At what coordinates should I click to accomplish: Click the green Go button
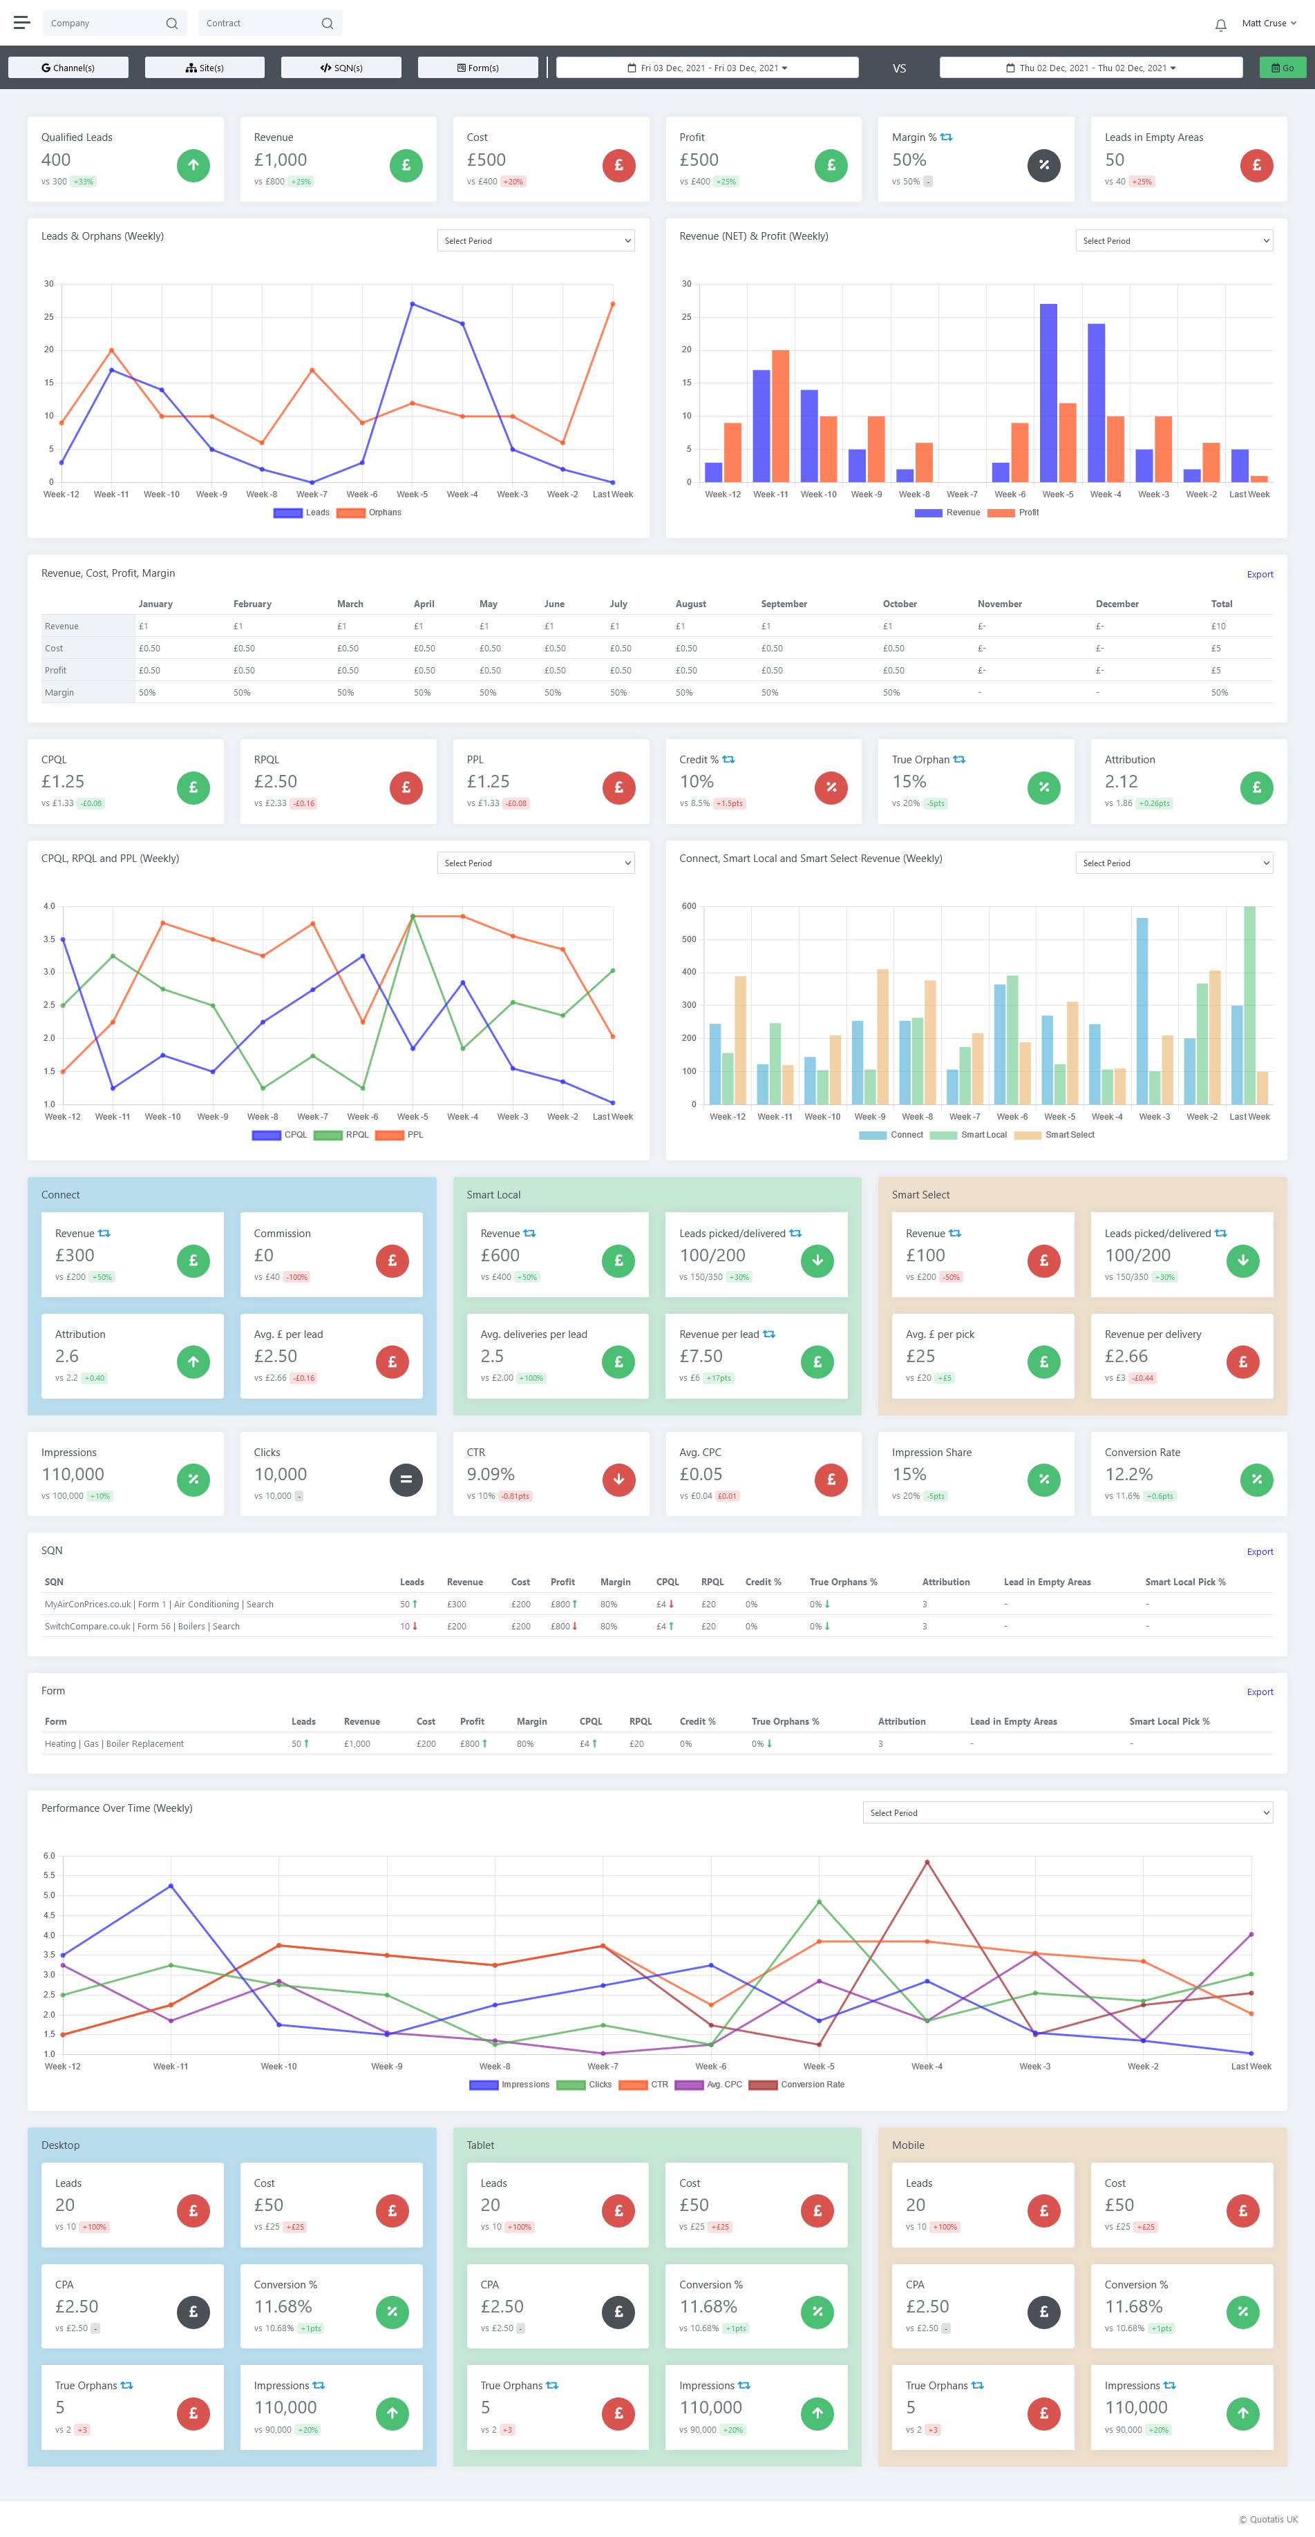(1283, 68)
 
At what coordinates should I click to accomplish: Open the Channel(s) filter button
(68, 68)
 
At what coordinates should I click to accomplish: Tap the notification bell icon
(1220, 25)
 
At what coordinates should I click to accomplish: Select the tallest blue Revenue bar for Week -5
(1048, 392)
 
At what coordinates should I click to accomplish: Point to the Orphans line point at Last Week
(613, 305)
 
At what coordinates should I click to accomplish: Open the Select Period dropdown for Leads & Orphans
(535, 241)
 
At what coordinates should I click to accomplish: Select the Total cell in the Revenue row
(1218, 626)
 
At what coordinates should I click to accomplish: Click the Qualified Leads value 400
(56, 160)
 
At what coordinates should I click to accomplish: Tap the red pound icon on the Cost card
(618, 166)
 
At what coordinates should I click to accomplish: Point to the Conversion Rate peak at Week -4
(927, 1862)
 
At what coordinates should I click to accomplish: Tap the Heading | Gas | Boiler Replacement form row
(114, 1744)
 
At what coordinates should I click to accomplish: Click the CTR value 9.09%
(491, 1475)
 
